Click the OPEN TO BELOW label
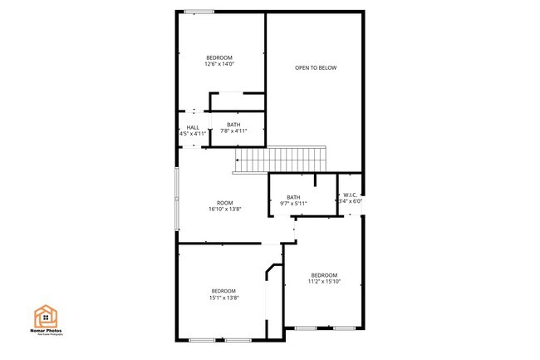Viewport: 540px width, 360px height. (x=316, y=67)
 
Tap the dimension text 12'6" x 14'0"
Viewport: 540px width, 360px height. (x=219, y=64)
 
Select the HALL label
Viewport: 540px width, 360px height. (x=193, y=127)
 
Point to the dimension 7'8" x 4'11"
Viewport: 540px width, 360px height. (x=233, y=131)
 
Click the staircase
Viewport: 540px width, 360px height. (x=281, y=158)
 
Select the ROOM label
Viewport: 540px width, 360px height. (x=224, y=203)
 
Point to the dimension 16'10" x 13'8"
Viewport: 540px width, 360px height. (x=224, y=210)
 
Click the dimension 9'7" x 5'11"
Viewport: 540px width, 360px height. (x=293, y=203)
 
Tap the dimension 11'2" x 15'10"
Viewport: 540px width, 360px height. (x=324, y=281)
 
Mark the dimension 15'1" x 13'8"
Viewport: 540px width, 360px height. (x=224, y=298)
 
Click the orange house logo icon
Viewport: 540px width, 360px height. (x=45, y=317)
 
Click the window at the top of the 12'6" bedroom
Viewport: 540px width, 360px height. (x=199, y=11)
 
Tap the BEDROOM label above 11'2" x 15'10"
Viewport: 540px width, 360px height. (x=324, y=274)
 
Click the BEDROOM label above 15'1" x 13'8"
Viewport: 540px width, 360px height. (x=224, y=291)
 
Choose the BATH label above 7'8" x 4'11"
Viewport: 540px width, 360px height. (x=233, y=125)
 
